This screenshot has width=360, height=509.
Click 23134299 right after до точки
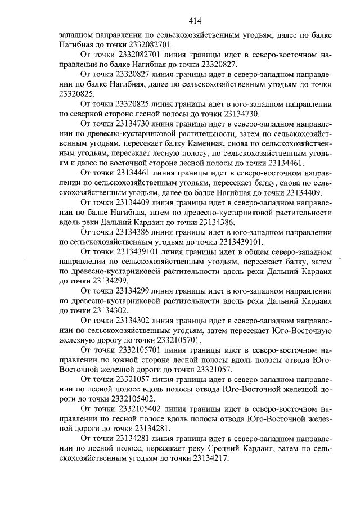click(110, 281)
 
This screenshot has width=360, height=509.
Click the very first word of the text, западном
click(77, 35)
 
